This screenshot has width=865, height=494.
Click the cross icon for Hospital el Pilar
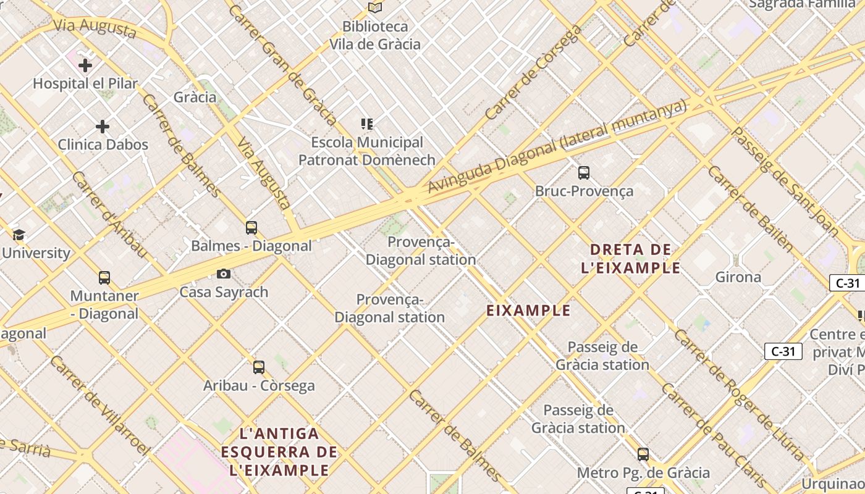[85, 65]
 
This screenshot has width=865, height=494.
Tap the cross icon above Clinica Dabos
[103, 127]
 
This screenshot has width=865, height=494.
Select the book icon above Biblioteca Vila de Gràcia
[375, 7]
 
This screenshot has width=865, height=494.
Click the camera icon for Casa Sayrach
[224, 274]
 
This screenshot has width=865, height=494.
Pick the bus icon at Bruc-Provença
[584, 173]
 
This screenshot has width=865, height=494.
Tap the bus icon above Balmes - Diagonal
[251, 227]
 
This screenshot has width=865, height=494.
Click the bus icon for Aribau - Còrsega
[259, 367]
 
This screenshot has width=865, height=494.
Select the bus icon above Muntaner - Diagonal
[104, 278]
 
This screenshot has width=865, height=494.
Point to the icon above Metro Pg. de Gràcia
[643, 454]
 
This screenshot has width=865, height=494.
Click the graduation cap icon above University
[19, 235]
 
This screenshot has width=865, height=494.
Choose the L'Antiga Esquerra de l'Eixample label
[279, 452]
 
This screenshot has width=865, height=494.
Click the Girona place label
[738, 277]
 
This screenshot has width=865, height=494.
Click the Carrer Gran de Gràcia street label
[282, 65]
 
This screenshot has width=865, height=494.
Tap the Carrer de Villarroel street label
[99, 404]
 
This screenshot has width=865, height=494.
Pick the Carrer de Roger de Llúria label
[739, 395]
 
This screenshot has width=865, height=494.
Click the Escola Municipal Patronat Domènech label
[367, 151]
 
